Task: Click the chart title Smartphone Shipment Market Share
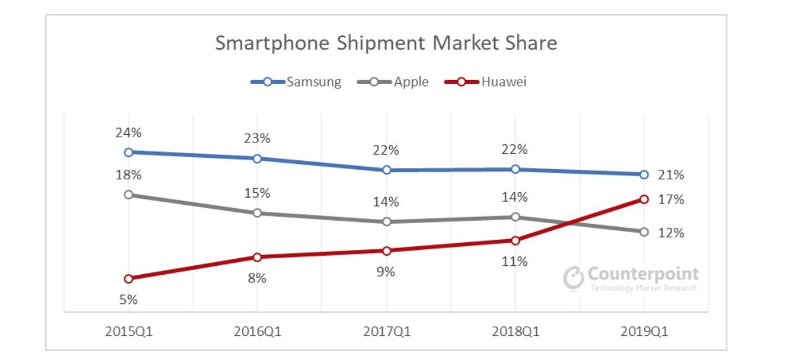(385, 43)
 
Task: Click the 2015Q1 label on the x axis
(128, 331)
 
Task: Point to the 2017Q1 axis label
(386, 331)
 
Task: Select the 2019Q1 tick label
(644, 331)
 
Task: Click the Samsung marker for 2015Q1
(128, 152)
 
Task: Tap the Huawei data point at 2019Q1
(644, 199)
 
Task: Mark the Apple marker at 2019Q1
(644, 232)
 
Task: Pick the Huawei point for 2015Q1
(128, 279)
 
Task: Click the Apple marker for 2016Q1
(257, 212)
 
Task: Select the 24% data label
(128, 133)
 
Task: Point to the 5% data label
(128, 300)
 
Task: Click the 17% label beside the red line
(670, 200)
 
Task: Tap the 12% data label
(670, 233)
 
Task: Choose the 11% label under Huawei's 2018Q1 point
(514, 261)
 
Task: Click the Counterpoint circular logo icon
(573, 278)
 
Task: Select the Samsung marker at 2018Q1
(514, 169)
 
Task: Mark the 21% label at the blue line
(670, 175)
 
